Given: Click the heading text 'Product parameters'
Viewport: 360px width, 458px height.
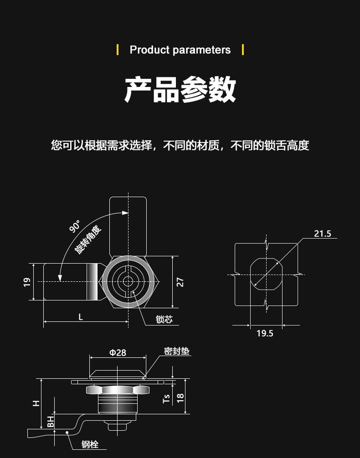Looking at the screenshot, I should click(x=180, y=50).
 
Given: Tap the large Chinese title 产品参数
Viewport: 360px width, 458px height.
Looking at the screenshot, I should click(x=180, y=89).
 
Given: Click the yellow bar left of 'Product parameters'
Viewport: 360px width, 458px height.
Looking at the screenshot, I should click(x=118, y=49).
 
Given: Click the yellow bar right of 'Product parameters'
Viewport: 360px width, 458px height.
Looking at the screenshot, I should click(x=242, y=49).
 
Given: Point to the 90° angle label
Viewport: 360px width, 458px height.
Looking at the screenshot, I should click(x=75, y=226).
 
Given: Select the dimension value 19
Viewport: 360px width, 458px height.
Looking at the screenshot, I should click(x=27, y=282).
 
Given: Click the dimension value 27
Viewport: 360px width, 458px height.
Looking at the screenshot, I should click(x=180, y=282).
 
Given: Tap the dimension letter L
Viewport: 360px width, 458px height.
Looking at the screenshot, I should click(x=81, y=317).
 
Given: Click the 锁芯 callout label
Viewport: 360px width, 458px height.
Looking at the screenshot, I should click(x=164, y=319).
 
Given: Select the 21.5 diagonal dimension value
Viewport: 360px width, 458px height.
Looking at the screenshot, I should click(x=322, y=234).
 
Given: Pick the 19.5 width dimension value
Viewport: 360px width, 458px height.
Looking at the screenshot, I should click(x=265, y=333).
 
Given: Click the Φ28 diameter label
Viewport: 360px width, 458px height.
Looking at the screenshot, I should click(x=118, y=352).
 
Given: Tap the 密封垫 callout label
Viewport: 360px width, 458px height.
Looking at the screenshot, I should click(x=176, y=351).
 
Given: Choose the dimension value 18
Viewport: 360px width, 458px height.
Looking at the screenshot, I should click(x=180, y=397).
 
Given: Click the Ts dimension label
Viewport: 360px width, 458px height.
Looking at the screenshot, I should click(x=167, y=399).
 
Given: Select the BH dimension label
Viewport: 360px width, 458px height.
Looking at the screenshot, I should click(x=51, y=421).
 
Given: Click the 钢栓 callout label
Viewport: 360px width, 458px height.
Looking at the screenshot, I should click(x=90, y=444).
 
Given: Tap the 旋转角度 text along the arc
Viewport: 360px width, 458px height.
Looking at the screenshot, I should click(x=88, y=239).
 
